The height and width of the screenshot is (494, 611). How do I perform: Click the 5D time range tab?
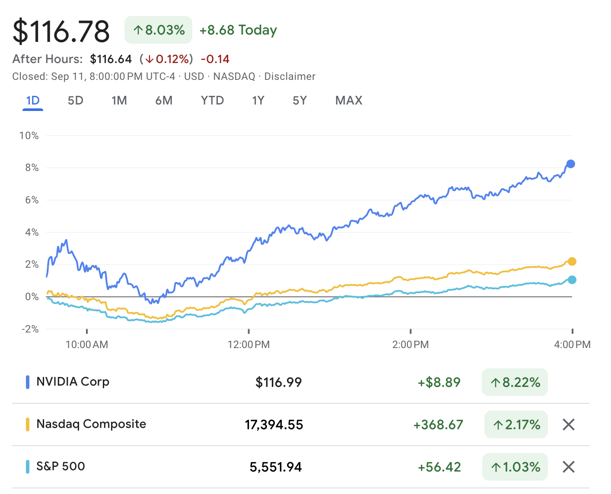coord(75,101)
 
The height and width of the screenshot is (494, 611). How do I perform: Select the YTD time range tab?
coord(212,101)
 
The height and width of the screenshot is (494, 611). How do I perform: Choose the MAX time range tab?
coord(349,101)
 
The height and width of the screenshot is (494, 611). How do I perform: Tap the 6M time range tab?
coord(164,101)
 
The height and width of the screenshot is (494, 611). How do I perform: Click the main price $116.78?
coord(61,31)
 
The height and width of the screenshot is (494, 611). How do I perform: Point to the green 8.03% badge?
coord(158,30)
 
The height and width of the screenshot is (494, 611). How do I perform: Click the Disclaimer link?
coord(290,76)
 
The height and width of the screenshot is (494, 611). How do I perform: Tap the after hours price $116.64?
coord(111,59)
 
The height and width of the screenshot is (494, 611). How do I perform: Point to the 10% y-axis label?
coord(29,136)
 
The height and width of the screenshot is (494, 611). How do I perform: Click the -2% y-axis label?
coord(30,329)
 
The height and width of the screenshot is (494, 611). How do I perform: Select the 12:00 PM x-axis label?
coord(248,345)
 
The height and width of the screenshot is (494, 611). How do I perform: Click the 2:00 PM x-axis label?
coord(411,345)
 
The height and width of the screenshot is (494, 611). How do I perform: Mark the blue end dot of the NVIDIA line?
coord(570,164)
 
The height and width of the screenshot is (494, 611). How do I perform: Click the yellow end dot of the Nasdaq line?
coord(572,261)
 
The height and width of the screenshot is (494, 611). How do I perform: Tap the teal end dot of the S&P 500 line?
coord(572,280)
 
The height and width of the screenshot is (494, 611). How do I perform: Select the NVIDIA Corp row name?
coord(73,382)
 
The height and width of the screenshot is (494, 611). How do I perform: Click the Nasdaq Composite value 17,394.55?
coord(274,425)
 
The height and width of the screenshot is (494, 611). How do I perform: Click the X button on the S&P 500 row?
coord(569,467)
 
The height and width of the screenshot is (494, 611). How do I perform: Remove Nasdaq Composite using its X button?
coord(569,424)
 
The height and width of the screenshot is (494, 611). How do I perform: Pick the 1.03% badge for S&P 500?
coord(515,467)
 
